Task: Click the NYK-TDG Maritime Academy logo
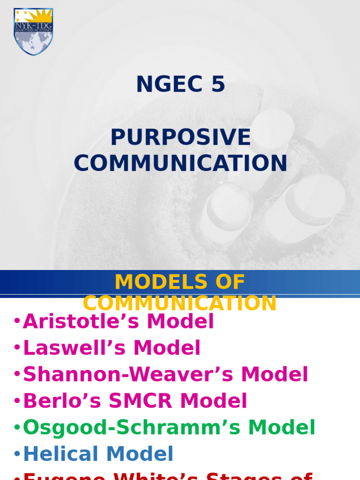(x=33, y=31)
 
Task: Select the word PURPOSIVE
(x=180, y=137)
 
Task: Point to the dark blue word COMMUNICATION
(x=180, y=163)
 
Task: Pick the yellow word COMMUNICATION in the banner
(x=180, y=303)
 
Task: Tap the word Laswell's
(x=75, y=348)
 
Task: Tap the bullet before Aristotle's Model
(x=17, y=322)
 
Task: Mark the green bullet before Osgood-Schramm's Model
(x=17, y=428)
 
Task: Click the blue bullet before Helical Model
(x=17, y=454)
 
